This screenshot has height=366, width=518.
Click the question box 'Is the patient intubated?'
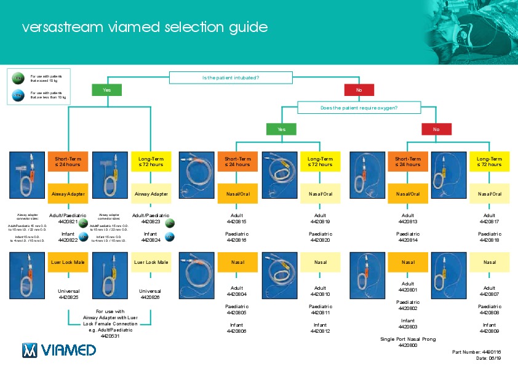pyautogui.click(x=230, y=78)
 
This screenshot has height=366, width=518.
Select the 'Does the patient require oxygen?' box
pyautogui.click(x=359, y=108)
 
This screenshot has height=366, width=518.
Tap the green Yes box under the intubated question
pyautogui.click(x=107, y=90)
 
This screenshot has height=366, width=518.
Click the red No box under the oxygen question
pyautogui.click(x=436, y=129)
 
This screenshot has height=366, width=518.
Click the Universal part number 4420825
pyautogui.click(x=68, y=297)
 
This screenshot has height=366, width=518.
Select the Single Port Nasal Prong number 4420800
pyautogui.click(x=407, y=346)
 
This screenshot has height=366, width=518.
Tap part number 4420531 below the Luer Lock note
pyautogui.click(x=110, y=336)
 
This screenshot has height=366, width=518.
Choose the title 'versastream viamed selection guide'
pyautogui.click(x=145, y=28)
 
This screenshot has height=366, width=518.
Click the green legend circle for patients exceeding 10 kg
pyautogui.click(x=18, y=78)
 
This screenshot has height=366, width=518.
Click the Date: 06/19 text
pyautogui.click(x=490, y=358)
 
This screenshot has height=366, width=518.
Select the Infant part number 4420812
pyautogui.click(x=320, y=331)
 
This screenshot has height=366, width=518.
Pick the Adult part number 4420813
pyautogui.click(x=407, y=221)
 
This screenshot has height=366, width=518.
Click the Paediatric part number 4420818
pyautogui.click(x=489, y=241)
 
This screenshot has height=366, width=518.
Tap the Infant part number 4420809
pyautogui.click(x=489, y=331)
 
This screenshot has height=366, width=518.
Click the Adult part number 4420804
pyautogui.click(x=236, y=294)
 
